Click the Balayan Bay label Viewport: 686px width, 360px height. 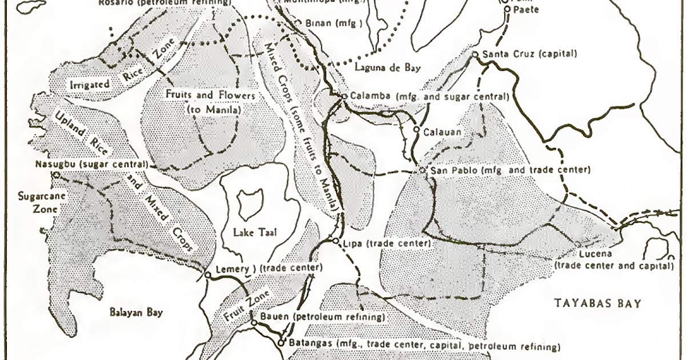pos(136,312)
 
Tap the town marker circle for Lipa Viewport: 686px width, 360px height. pos(336,242)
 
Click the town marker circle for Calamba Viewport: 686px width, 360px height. pos(344,97)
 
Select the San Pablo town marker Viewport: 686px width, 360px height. pos(422,170)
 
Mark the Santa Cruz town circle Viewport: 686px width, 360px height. pos(474,55)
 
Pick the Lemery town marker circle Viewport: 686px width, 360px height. pos(208,275)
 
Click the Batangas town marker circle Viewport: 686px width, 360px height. pos(281,343)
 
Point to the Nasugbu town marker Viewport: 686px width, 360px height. pos(56,175)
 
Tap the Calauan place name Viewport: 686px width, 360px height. pos(441,132)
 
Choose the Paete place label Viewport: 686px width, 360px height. pos(519,9)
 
